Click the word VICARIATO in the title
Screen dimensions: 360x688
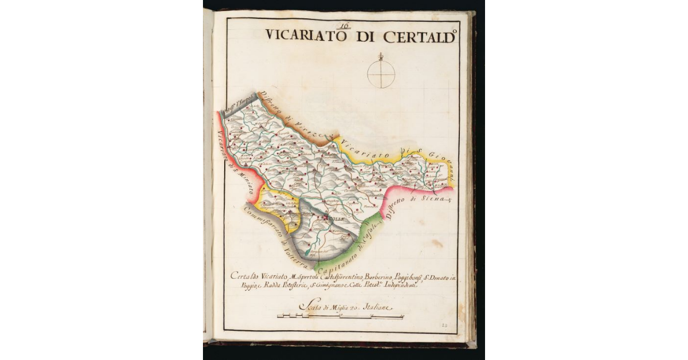pyautogui.click(x=305, y=36)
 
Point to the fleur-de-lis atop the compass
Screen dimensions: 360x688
pyautogui.click(x=381, y=56)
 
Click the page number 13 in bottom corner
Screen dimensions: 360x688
pyautogui.click(x=445, y=325)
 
